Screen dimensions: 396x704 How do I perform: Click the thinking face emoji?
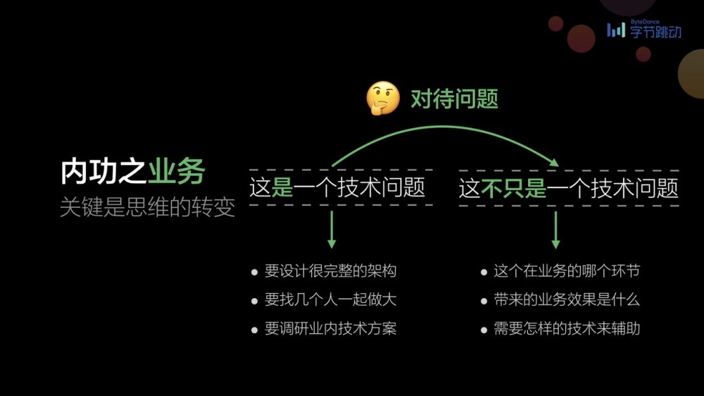pyautogui.click(x=383, y=99)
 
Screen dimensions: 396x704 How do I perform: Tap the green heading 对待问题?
pyautogui.click(x=454, y=99)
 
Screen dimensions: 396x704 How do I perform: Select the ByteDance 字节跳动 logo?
pyautogui.click(x=644, y=30)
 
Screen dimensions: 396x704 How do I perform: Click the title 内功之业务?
pyautogui.click(x=132, y=172)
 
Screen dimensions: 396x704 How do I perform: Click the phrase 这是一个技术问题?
pyautogui.click(x=338, y=188)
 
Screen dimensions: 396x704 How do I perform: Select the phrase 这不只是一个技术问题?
pyautogui.click(x=569, y=188)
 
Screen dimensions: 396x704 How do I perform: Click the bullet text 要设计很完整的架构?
pyautogui.click(x=330, y=271)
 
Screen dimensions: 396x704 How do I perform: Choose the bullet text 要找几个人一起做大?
pyautogui.click(x=330, y=299)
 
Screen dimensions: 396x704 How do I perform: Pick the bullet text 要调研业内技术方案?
pyautogui.click(x=330, y=328)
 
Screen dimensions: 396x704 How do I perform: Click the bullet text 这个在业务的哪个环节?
pyautogui.click(x=566, y=271)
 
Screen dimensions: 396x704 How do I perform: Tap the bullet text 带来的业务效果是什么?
pyautogui.click(x=566, y=299)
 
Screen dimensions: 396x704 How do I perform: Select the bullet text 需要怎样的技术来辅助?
pyautogui.click(x=566, y=328)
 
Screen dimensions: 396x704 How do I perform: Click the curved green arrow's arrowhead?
pyautogui.click(x=554, y=163)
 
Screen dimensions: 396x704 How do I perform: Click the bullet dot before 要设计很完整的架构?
pyautogui.click(x=255, y=272)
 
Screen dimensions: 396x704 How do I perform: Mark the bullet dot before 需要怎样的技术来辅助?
pyautogui.click(x=484, y=329)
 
